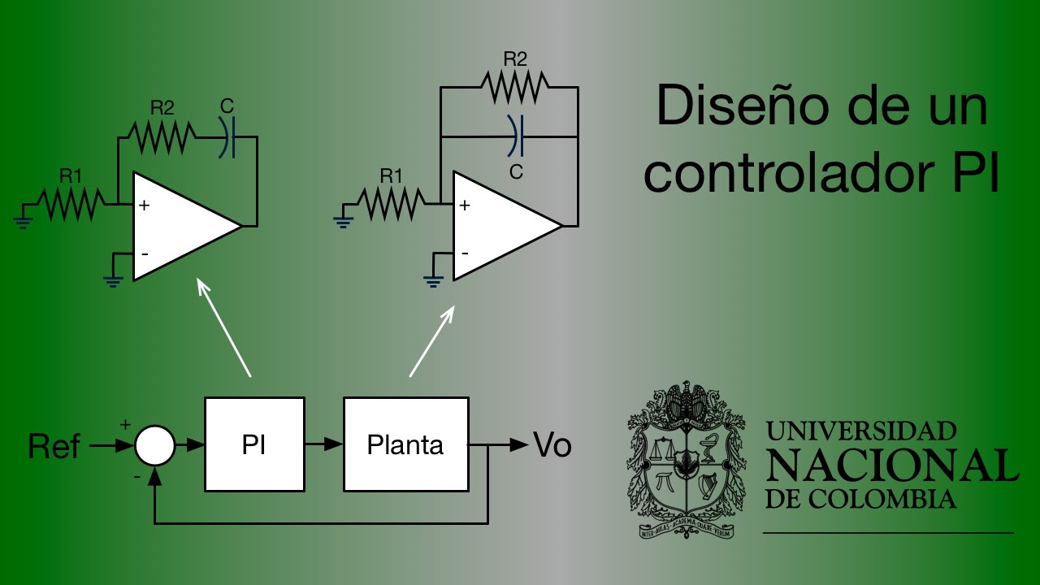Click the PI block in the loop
(x=254, y=444)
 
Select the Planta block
(x=405, y=444)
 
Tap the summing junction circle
(x=154, y=445)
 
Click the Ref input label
(x=54, y=446)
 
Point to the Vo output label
(x=552, y=445)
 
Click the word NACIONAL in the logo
(x=891, y=465)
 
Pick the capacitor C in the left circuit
(x=229, y=137)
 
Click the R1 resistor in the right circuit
(x=392, y=205)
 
